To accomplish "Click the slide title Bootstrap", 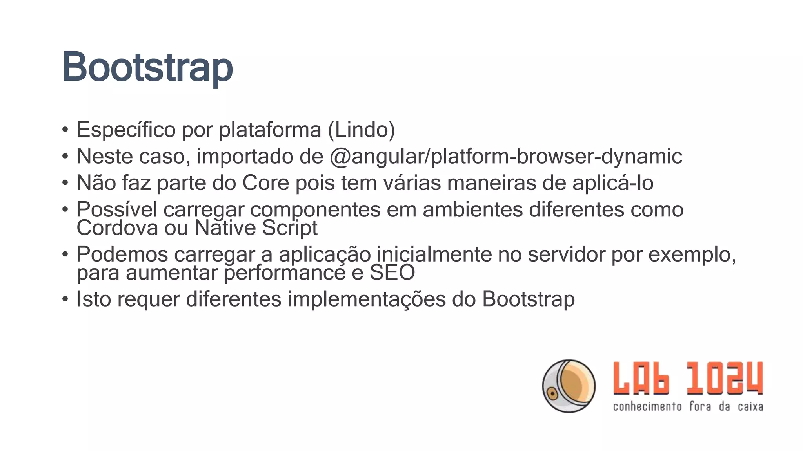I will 147,67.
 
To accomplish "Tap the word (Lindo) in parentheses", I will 361,130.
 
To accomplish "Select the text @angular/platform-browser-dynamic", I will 506,157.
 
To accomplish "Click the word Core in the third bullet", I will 265,183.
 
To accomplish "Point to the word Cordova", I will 117,228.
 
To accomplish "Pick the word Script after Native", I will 290,228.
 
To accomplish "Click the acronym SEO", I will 392,272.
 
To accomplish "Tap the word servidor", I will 566,254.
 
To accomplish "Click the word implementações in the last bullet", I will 367,299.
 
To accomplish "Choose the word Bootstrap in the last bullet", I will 528,299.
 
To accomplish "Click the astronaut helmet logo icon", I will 569,386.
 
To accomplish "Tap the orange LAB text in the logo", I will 641,378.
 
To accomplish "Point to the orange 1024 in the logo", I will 725,378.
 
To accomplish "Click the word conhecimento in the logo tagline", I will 647,407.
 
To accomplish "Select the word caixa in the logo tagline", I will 750,407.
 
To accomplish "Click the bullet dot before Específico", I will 65,130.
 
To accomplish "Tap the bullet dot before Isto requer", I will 65,299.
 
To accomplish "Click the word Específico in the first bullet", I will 126,130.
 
